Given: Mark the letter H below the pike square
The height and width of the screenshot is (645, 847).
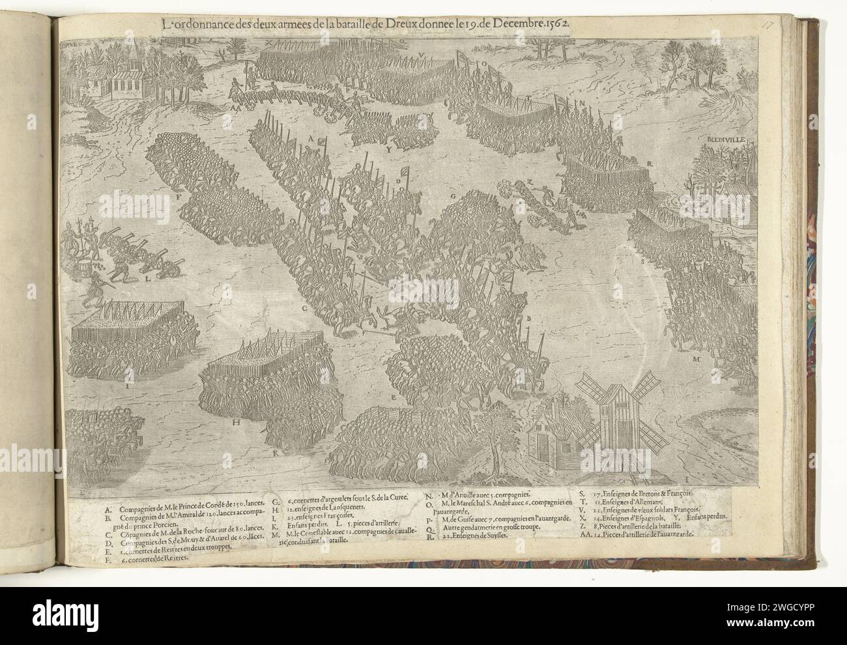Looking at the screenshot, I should [237, 422].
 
